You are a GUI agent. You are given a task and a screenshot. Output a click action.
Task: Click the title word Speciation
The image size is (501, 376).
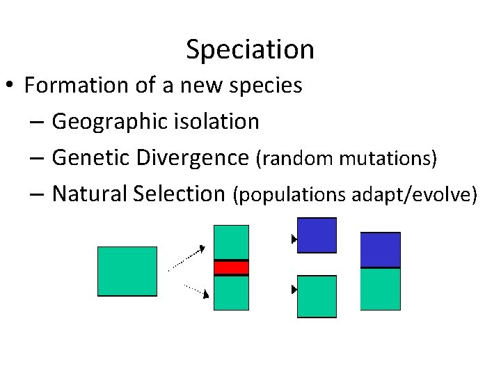250,49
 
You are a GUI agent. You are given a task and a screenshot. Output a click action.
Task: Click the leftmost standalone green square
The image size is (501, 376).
127,272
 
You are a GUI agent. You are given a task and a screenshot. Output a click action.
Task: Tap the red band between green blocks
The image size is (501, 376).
231,267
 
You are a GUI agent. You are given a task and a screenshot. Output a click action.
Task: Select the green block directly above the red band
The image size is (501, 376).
231,242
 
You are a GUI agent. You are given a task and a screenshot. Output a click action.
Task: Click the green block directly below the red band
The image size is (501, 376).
231,292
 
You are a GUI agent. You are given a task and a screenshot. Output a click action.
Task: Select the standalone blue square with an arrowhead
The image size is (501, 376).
317,235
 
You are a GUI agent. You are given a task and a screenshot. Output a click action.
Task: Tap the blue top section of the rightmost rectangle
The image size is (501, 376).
381,250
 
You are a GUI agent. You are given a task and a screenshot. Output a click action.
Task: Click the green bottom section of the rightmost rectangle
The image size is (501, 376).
381,289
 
